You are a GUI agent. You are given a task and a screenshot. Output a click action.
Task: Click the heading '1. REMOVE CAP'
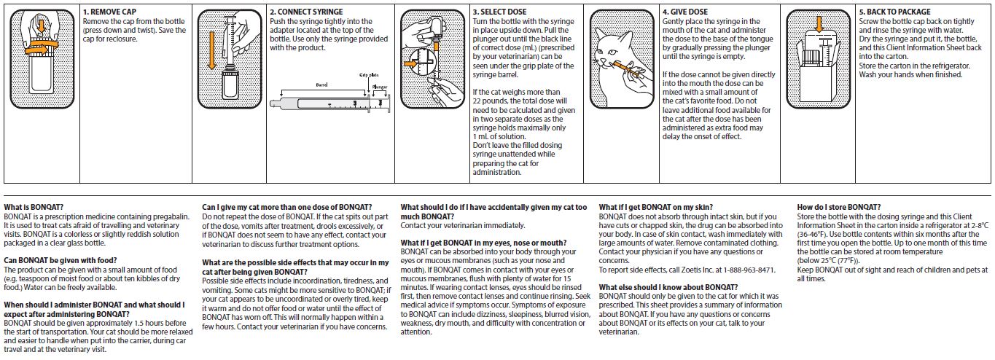[x=110, y=12]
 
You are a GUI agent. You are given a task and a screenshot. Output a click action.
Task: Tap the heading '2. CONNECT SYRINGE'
[x=305, y=12]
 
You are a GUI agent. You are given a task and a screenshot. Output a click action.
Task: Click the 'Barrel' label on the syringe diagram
[x=321, y=85]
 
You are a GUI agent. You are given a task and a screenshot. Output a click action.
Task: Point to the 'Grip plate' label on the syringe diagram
[x=370, y=75]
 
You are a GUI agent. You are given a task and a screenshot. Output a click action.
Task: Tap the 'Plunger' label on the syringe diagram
[x=380, y=86]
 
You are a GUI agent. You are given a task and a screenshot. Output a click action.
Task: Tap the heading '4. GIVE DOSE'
[x=684, y=12]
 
